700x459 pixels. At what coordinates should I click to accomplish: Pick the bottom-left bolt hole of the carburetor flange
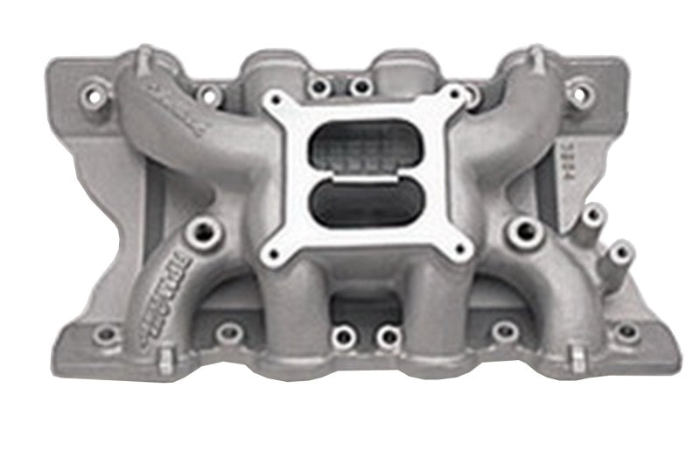276,253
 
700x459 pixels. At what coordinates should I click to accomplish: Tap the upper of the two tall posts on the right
593,214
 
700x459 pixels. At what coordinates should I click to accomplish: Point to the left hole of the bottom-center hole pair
344,335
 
